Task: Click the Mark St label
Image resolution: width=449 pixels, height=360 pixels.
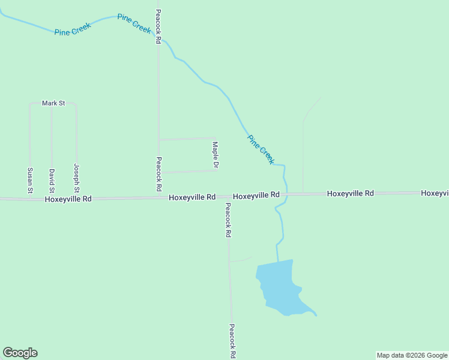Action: (x=53, y=103)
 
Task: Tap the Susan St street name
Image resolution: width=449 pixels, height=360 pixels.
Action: (x=29, y=180)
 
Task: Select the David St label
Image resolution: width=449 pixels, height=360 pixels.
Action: (x=52, y=180)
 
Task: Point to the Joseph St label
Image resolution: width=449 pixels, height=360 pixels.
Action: (x=77, y=178)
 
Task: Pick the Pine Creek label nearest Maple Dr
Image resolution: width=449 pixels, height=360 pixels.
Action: (x=261, y=150)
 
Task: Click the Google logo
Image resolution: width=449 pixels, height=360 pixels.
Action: (x=20, y=353)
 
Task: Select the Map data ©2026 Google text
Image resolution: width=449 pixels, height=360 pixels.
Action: (x=412, y=355)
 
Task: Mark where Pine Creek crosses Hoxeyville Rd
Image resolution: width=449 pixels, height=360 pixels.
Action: (x=286, y=194)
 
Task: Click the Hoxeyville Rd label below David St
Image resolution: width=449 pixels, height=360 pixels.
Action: (x=68, y=198)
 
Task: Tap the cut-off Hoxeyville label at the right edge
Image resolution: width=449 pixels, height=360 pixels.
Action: (x=435, y=193)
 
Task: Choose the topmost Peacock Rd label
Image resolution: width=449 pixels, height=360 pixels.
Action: (x=158, y=26)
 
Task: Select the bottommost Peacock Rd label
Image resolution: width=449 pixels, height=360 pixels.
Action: (x=232, y=341)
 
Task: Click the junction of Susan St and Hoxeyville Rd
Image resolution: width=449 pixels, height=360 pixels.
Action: (x=29, y=197)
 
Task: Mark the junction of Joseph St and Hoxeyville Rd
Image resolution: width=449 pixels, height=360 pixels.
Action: (x=77, y=197)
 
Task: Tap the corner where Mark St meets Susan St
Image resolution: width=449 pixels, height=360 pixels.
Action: (x=30, y=104)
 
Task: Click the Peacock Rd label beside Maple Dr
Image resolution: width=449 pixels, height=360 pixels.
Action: (x=159, y=173)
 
